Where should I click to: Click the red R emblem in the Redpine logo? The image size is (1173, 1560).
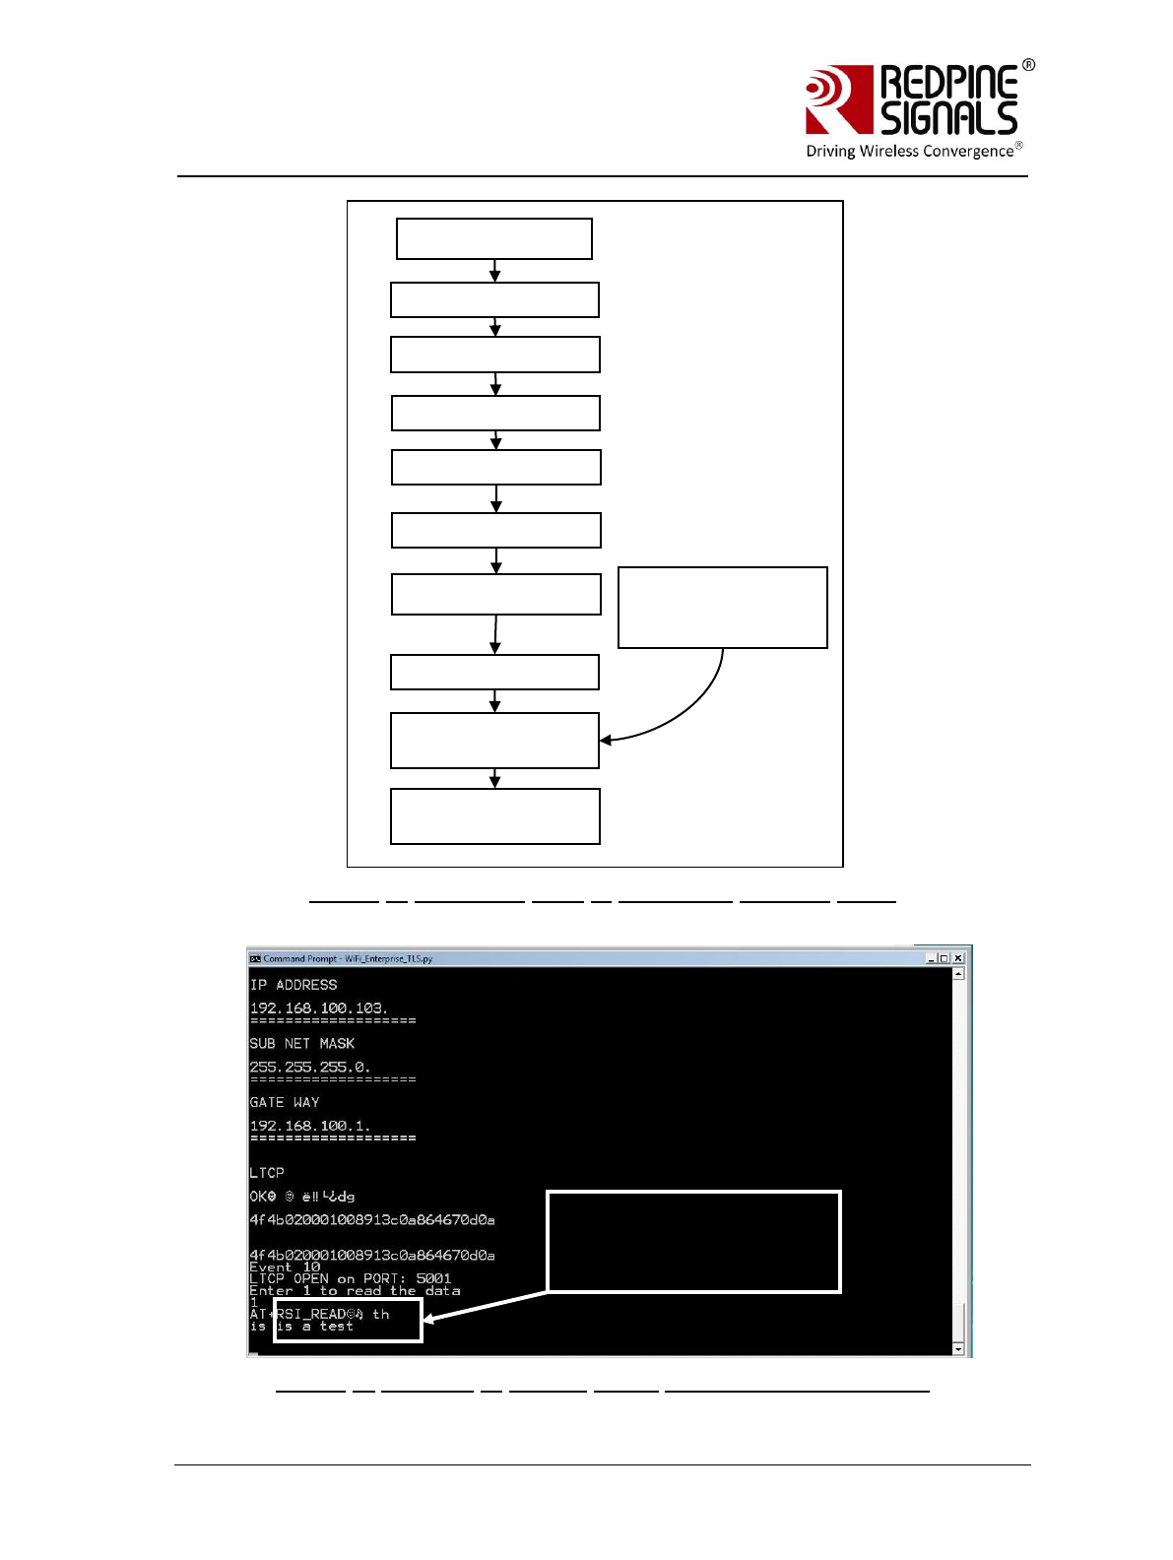(x=838, y=99)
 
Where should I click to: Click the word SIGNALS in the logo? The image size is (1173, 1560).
(x=948, y=118)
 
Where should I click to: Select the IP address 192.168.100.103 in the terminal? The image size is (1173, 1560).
(x=318, y=1008)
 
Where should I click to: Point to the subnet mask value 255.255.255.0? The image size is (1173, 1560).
(x=309, y=1068)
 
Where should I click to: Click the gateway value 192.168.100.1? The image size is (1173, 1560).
(x=309, y=1126)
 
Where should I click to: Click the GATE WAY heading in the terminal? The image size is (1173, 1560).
(x=285, y=1102)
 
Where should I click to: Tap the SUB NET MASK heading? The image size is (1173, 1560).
(x=301, y=1044)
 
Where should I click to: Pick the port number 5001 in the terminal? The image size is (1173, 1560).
(x=433, y=1278)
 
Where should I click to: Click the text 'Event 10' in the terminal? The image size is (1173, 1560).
(x=285, y=1267)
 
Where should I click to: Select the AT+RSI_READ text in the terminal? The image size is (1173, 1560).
(x=305, y=1314)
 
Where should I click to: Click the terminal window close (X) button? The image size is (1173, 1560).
(x=958, y=958)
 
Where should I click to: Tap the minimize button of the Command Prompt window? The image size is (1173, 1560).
(x=931, y=958)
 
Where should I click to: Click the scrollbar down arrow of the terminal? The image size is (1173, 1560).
(x=958, y=1348)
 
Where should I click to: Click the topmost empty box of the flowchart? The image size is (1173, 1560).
(x=493, y=239)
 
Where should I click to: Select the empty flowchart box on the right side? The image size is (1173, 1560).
(x=722, y=608)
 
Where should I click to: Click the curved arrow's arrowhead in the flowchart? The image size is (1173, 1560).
(x=605, y=739)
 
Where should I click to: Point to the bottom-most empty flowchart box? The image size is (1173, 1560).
(x=494, y=816)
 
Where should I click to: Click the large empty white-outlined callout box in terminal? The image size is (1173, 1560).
(x=693, y=1241)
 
